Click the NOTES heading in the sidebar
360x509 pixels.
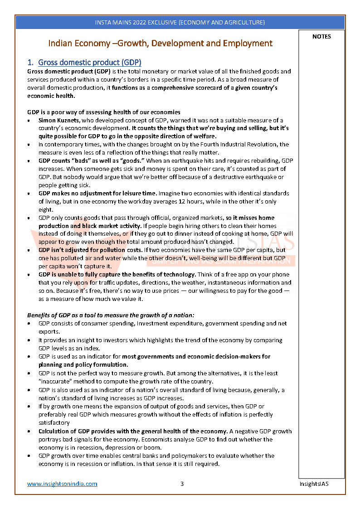click(321, 37)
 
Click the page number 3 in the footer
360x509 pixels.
click(182, 484)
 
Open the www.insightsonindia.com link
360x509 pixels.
click(62, 484)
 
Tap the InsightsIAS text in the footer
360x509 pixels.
click(314, 484)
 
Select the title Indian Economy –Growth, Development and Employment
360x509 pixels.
click(161, 44)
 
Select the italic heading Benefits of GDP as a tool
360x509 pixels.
click(111, 315)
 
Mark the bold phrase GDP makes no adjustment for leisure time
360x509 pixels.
click(97, 193)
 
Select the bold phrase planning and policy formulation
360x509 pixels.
click(83, 365)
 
